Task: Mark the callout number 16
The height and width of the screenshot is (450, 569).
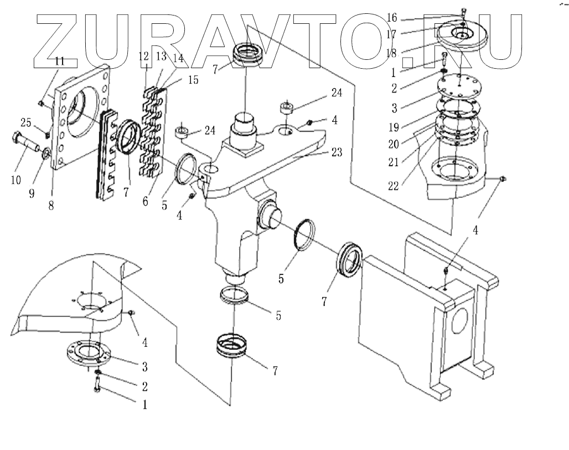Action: coord(392,18)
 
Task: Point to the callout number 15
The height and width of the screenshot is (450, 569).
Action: coord(193,80)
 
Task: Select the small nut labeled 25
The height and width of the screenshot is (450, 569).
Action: coord(47,135)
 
